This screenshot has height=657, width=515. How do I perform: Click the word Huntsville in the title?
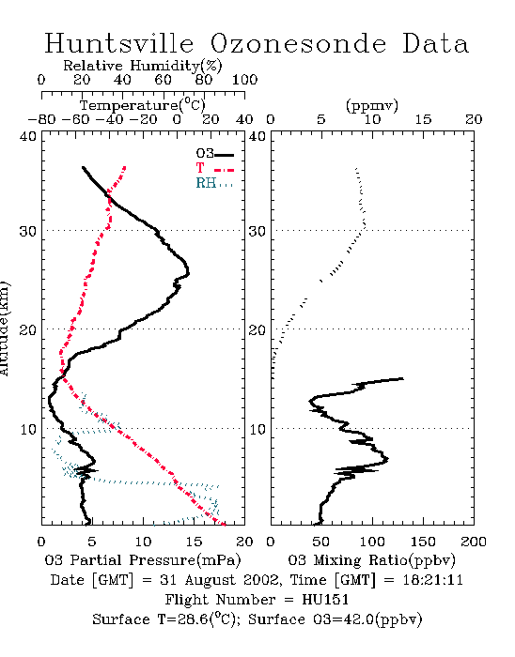[x=119, y=43]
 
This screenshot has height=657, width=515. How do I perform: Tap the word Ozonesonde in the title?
[x=297, y=43]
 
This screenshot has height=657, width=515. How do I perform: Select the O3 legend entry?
[x=214, y=154]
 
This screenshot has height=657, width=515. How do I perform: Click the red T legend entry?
[x=214, y=168]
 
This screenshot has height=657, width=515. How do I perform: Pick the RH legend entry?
[x=214, y=183]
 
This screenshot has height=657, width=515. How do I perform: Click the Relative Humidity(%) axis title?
[x=143, y=66]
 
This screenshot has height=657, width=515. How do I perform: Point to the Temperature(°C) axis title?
[x=143, y=105]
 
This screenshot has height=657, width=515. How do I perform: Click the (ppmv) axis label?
[x=372, y=105]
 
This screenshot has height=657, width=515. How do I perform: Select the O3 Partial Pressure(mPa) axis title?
[x=143, y=559]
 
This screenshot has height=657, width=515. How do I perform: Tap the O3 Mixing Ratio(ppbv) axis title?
[x=371, y=559]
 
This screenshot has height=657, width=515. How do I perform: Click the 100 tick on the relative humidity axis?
[x=244, y=80]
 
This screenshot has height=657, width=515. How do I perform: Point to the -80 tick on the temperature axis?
[x=41, y=119]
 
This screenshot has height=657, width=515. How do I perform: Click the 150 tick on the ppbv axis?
[x=423, y=542]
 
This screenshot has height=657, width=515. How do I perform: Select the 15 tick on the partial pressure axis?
[x=194, y=542]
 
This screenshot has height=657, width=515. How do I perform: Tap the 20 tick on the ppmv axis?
[x=474, y=119]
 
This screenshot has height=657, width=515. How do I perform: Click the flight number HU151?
[x=325, y=600]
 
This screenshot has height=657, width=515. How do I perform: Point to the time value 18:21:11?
[x=433, y=580]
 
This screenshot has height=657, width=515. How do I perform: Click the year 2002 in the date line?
[x=261, y=580]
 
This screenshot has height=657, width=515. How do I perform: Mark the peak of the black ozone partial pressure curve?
[x=189, y=274]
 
